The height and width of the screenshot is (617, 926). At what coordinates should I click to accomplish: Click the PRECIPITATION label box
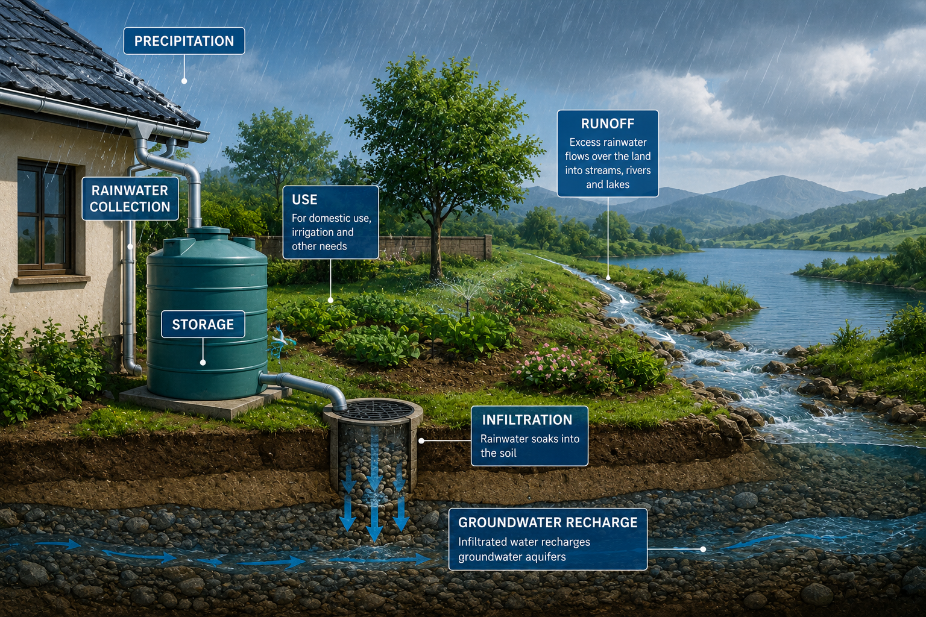184,41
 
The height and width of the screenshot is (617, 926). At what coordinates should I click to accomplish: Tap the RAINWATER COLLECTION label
130,198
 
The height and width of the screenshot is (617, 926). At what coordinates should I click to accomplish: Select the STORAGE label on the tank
203,324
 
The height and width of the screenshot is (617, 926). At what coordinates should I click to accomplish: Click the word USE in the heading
304,199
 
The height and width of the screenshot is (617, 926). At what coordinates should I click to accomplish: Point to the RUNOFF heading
608,124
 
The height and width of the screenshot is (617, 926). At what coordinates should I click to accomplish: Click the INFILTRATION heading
527,420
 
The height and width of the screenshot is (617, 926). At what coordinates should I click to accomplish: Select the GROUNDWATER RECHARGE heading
548,522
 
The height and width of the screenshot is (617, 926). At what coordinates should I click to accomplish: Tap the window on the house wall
45,218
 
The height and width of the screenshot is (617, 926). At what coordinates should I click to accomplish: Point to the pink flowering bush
558,366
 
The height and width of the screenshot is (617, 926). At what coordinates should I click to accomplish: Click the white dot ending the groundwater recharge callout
703,550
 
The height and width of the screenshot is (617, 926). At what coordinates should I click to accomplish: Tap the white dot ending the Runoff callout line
608,278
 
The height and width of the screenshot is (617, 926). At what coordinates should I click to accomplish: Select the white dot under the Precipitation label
184,81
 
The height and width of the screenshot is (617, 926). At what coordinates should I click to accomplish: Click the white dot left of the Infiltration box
421,441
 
